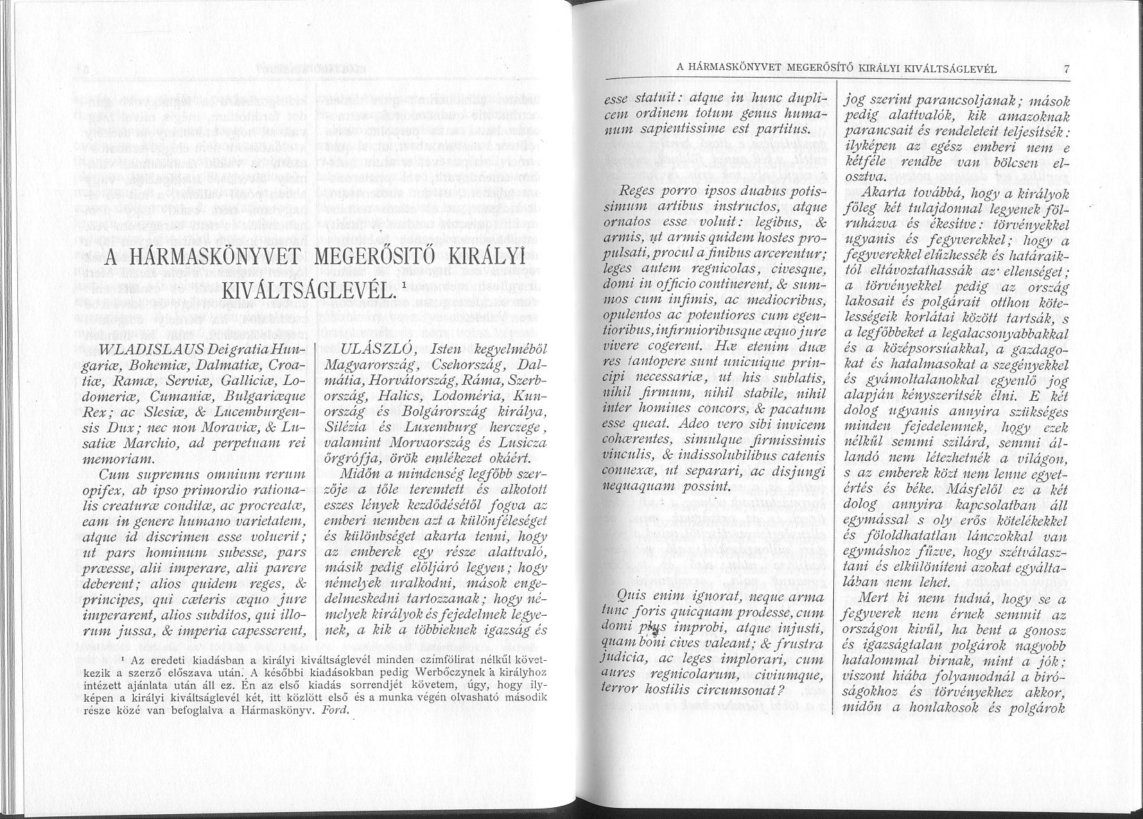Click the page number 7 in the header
coord(1067,69)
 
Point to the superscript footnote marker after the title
coord(403,284)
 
